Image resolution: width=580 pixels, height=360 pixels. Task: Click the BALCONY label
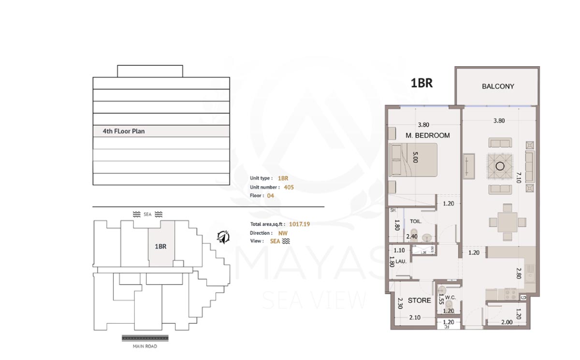[498, 86]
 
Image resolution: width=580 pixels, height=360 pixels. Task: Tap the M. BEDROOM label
[427, 135]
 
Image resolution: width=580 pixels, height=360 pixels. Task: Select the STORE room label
[419, 301]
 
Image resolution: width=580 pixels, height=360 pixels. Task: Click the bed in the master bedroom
[414, 160]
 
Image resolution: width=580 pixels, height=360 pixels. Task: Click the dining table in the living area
[507, 222]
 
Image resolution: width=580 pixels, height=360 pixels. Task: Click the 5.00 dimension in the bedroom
[415, 157]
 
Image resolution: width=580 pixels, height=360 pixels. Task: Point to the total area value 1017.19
[299, 224]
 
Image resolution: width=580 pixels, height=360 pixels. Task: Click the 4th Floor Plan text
[124, 131]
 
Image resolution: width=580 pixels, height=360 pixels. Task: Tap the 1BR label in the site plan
[160, 246]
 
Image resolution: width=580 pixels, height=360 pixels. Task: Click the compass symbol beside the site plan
[223, 237]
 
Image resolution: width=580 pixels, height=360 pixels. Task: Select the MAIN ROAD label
[145, 346]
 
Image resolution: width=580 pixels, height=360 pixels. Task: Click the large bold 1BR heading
[421, 83]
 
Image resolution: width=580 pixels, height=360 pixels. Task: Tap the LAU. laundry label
[401, 261]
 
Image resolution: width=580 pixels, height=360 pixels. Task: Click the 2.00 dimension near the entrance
[507, 322]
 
